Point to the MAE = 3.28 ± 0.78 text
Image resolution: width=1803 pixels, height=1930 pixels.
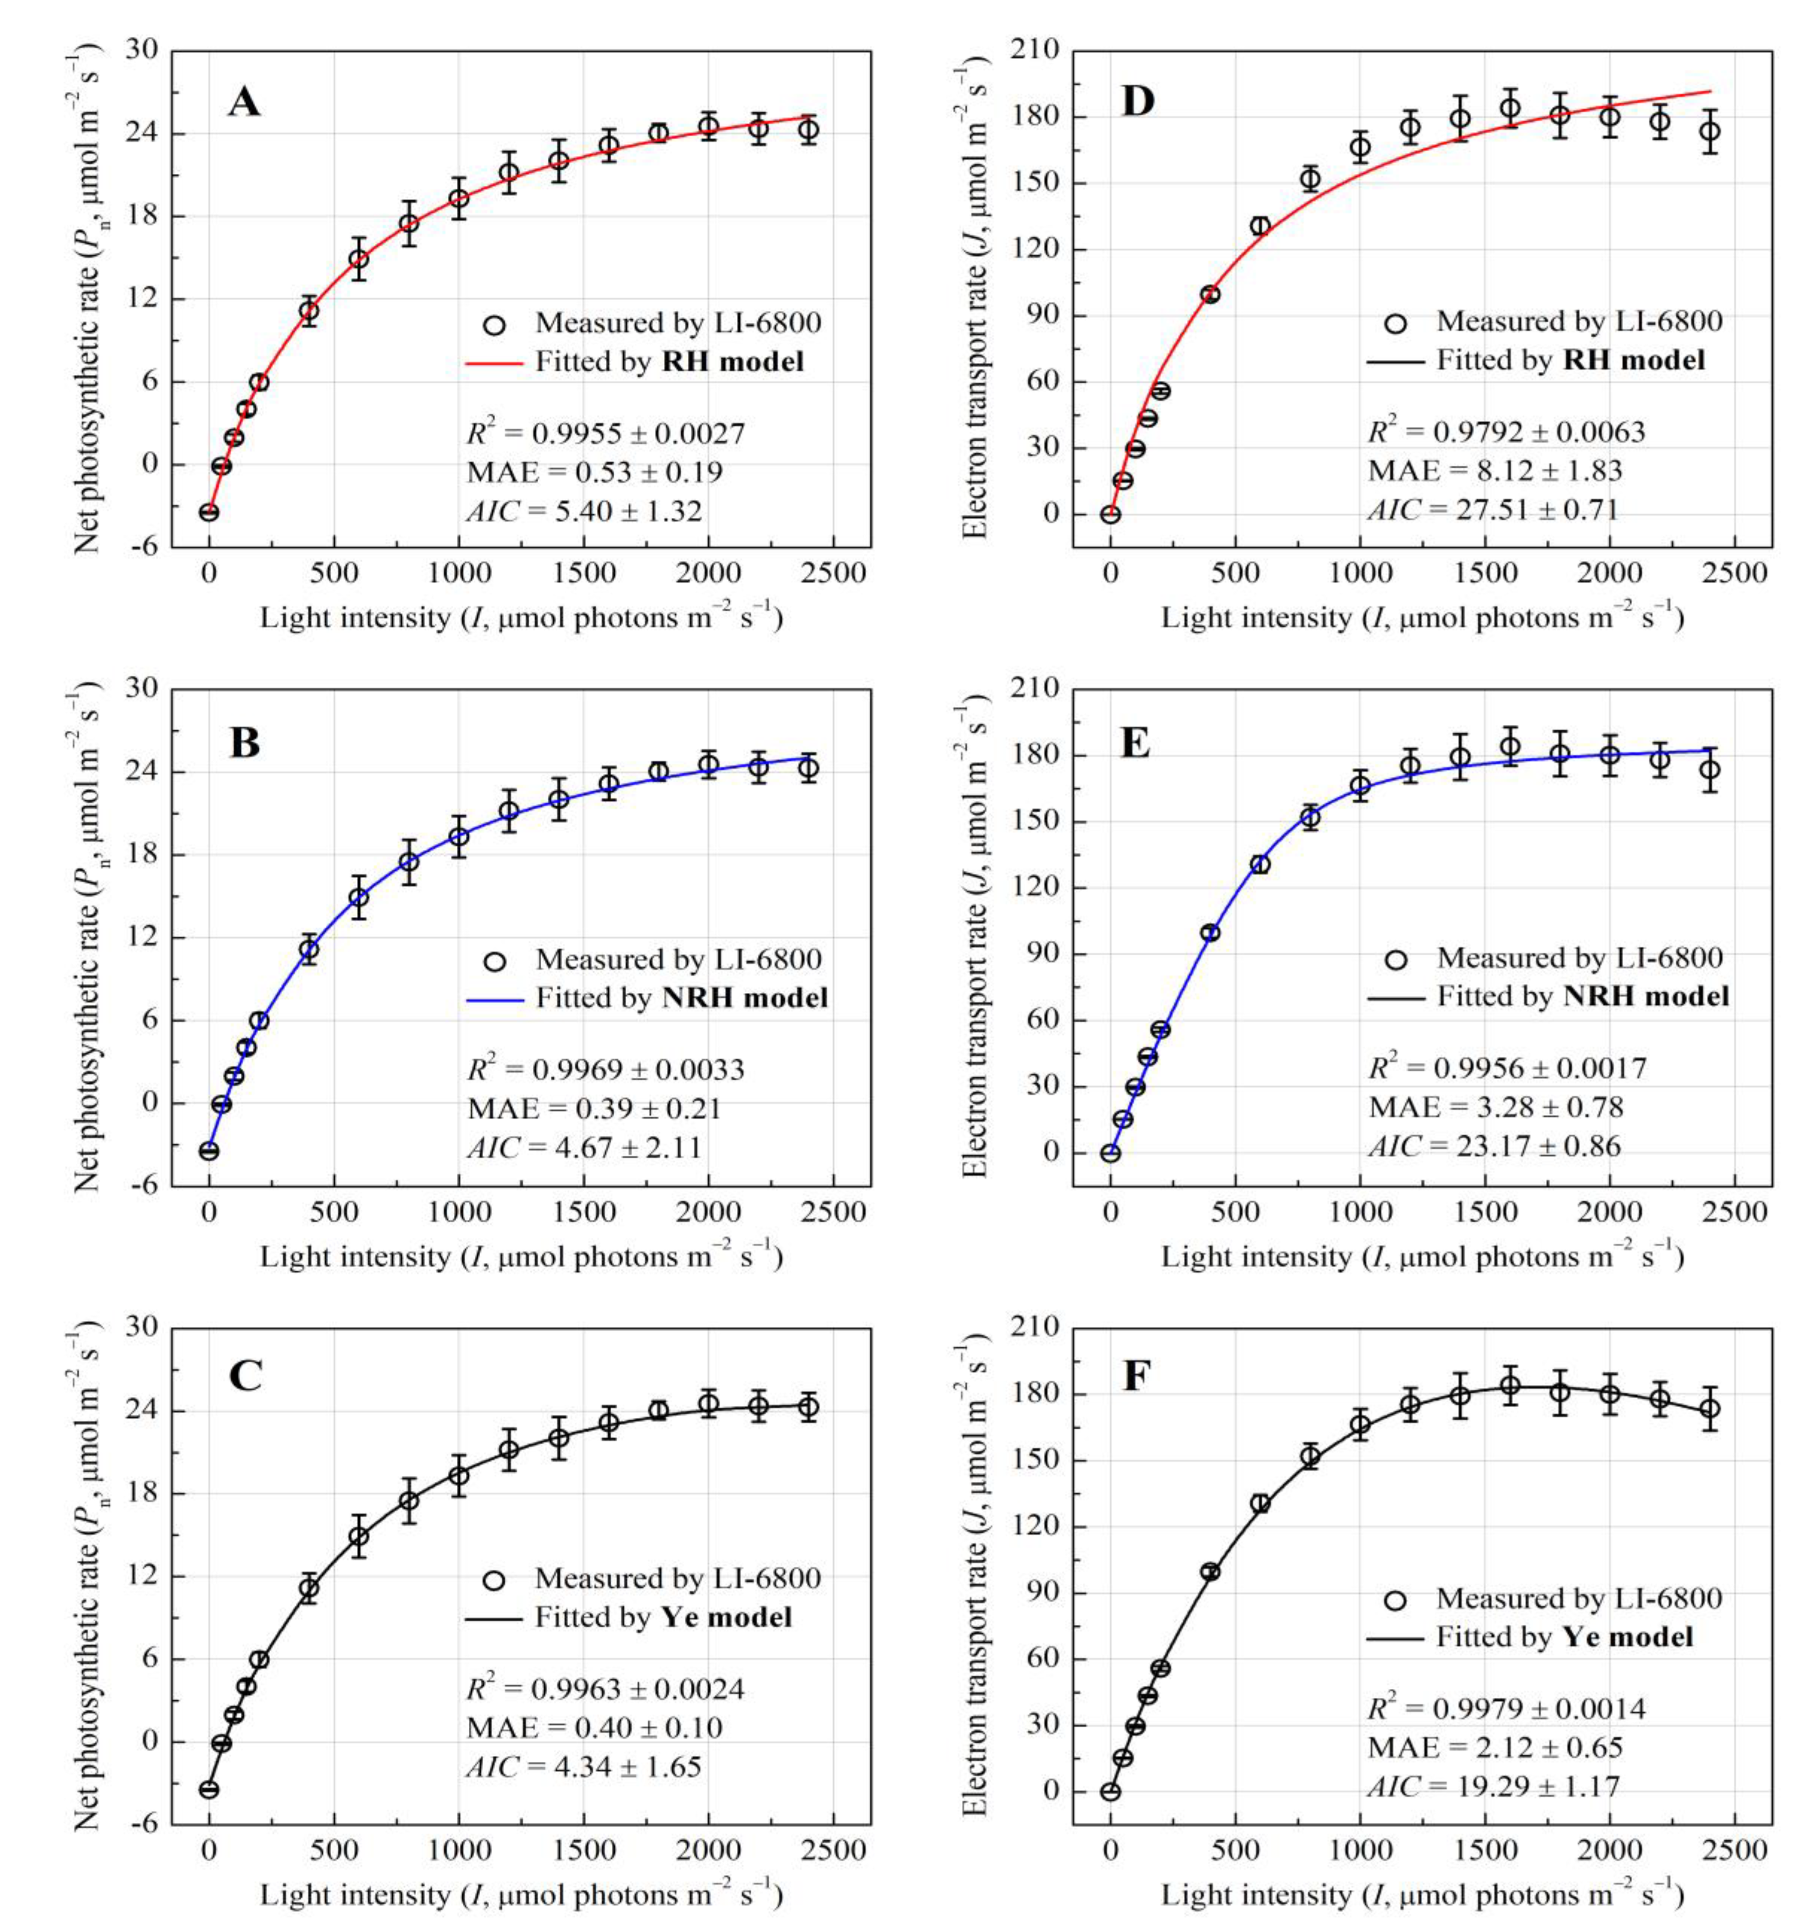(x=1495, y=1107)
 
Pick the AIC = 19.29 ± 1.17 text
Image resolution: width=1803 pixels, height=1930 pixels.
(x=1493, y=1786)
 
